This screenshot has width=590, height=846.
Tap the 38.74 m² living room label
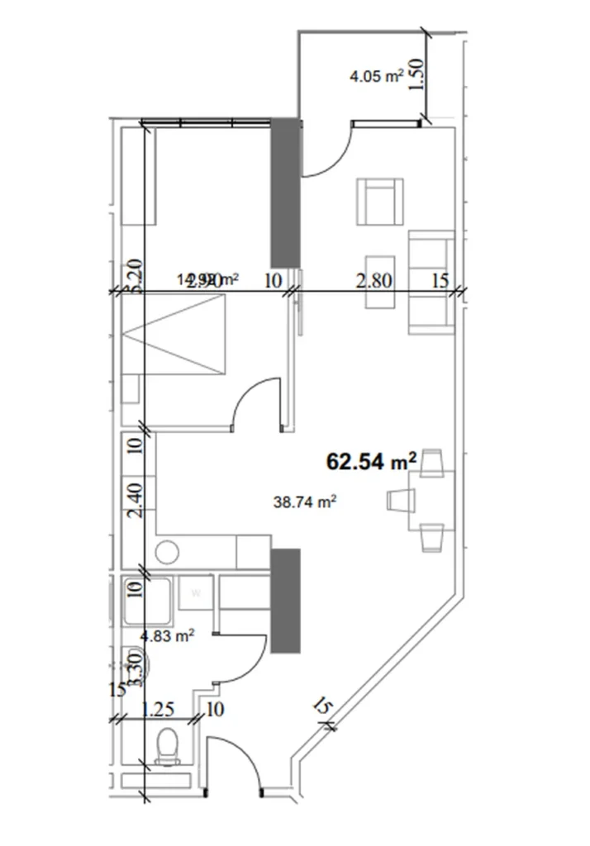[305, 500]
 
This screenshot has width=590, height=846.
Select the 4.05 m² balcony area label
[376, 78]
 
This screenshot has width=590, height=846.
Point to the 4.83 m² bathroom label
[168, 635]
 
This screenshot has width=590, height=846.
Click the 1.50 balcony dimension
[416, 75]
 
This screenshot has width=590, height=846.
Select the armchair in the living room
[381, 202]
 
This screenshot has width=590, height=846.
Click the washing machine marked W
[197, 592]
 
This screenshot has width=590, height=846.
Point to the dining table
[431, 501]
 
